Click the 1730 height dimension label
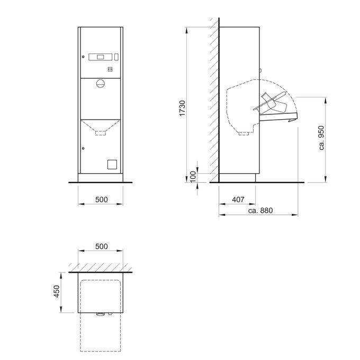[182, 109]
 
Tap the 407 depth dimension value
[238, 200]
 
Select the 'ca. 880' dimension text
[260, 210]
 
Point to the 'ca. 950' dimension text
[322, 138]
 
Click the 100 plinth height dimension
[194, 176]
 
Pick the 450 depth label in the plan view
[57, 291]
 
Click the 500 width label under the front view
[102, 200]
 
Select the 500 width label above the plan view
[102, 246]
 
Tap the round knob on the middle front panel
[101, 84]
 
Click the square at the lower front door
[112, 165]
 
